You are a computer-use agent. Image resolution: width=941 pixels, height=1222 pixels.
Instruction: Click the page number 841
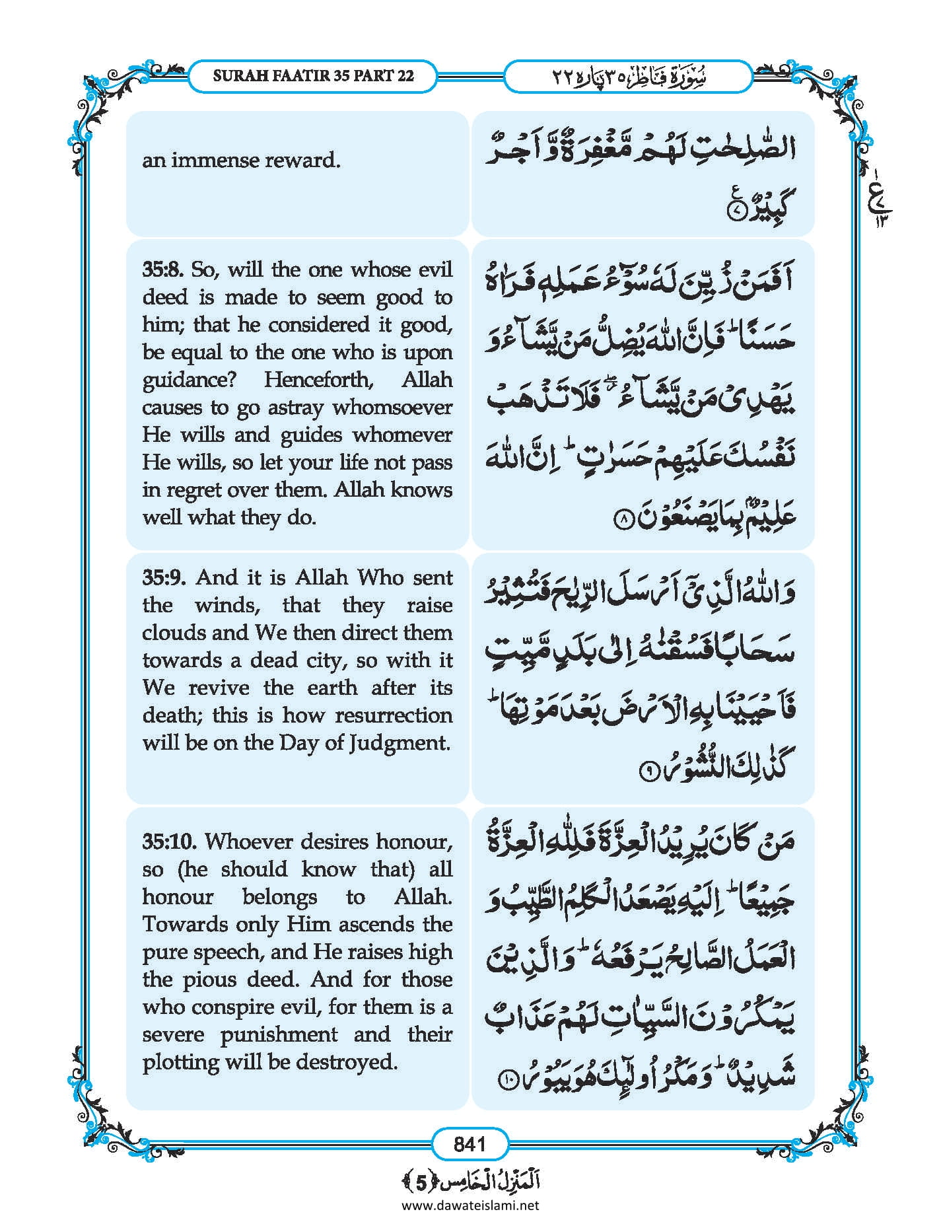[470, 1143]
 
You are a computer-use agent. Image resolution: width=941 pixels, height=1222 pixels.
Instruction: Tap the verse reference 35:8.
[163, 270]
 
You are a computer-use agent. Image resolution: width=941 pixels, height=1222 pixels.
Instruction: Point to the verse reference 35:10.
[170, 842]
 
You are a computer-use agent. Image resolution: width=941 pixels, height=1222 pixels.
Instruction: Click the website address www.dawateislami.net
[470, 1204]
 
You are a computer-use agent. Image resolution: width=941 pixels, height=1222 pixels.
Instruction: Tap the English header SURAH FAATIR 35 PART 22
[313, 76]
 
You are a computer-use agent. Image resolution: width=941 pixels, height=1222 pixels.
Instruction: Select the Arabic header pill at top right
[627, 76]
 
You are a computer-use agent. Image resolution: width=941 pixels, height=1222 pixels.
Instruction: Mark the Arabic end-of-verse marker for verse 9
[648, 771]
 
